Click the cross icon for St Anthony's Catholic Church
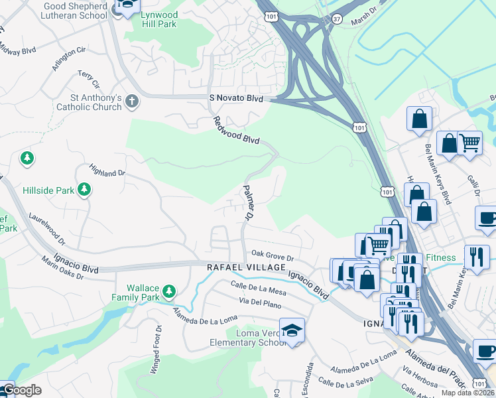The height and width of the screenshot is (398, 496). [132, 101]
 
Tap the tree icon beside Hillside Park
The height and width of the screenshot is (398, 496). [84, 190]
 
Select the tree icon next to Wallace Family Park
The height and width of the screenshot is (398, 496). [169, 291]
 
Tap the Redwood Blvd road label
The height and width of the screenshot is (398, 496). [236, 131]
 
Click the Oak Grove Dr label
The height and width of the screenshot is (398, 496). [272, 256]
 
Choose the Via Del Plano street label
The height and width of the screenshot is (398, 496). [260, 302]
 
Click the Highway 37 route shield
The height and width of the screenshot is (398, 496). [336, 19]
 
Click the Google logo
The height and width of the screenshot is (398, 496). [21, 390]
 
